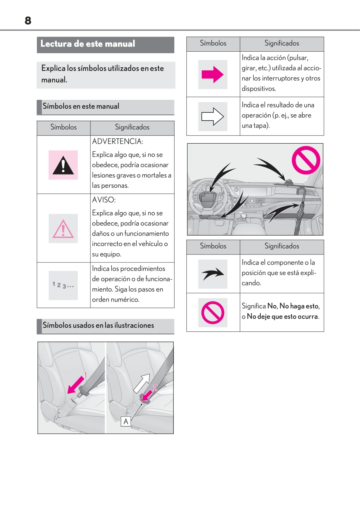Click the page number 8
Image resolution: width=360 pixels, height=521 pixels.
point(28,21)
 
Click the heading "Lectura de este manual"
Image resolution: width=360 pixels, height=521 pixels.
point(88,44)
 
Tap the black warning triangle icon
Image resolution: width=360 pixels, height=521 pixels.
point(63,165)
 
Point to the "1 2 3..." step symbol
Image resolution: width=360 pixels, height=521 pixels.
point(63,285)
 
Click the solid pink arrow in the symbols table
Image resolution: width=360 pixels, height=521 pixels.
point(212,75)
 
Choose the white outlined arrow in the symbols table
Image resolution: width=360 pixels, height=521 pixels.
point(212,117)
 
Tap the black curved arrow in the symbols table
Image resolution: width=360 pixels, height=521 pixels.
point(213,274)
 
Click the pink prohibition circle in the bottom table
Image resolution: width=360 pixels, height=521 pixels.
point(213,312)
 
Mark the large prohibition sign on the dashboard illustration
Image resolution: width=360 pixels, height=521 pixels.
point(305,160)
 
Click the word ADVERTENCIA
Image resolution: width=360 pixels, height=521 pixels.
point(118,141)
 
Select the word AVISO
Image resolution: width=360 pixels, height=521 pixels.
point(104,200)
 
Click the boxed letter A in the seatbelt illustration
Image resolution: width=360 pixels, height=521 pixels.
point(126,421)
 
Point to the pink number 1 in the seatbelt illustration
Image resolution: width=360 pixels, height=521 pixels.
point(85,375)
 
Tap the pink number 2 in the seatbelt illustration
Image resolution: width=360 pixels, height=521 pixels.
point(155,387)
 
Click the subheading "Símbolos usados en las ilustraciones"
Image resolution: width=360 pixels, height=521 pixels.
point(98,325)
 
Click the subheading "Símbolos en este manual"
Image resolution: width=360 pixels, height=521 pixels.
point(81,106)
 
